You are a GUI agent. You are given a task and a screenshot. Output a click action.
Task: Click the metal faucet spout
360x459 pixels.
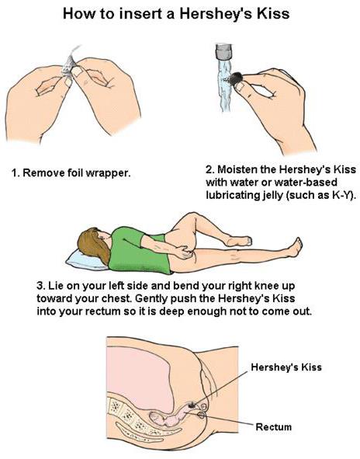(223, 52)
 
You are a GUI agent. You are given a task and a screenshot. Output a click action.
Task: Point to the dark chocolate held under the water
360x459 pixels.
(236, 78)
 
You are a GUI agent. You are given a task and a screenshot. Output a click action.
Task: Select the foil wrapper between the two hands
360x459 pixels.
(69, 63)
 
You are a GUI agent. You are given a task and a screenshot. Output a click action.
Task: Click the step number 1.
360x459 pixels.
(15, 172)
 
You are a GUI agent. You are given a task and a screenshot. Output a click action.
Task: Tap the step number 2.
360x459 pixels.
(210, 169)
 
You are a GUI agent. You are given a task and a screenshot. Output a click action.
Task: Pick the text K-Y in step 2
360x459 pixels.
(341, 195)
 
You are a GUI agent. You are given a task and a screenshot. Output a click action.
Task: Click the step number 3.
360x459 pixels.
(40, 285)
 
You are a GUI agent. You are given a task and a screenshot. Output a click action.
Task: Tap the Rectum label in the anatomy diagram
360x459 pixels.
(274, 426)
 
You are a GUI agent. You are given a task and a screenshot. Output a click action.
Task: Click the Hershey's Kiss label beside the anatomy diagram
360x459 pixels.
(286, 367)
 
